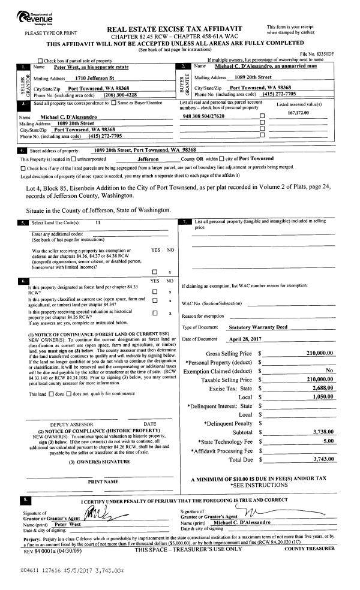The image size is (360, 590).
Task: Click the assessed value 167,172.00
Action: coord(298,113)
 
